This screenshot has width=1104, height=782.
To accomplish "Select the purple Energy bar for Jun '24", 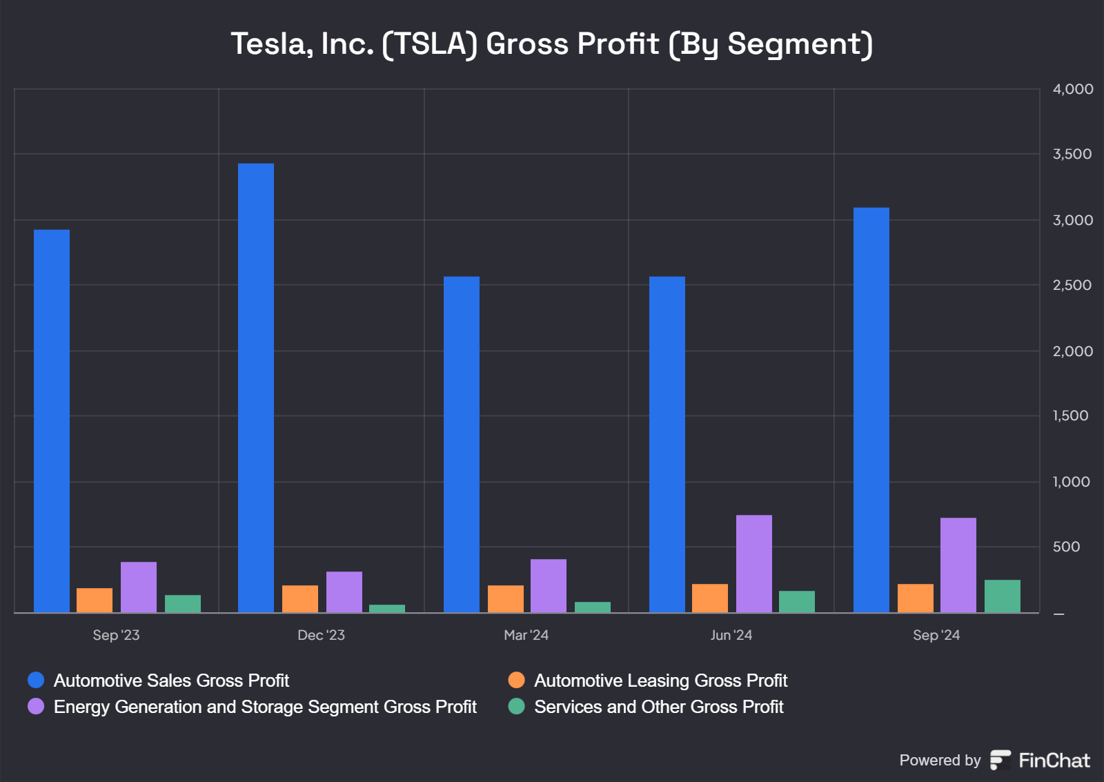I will [754, 563].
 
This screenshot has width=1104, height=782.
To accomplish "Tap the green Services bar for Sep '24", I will [1003, 596].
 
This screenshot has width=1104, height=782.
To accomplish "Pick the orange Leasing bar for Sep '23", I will [95, 600].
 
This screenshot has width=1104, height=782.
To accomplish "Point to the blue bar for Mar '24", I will [462, 444].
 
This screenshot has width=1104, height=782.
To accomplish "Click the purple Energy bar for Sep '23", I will [139, 587].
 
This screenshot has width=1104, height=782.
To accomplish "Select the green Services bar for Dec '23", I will [387, 609].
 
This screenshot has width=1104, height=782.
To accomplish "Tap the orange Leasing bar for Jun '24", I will [710, 598].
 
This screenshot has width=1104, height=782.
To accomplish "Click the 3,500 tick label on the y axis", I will [1072, 154].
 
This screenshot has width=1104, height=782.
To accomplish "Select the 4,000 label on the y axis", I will [1072, 89].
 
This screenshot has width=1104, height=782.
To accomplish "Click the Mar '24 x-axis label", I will [526, 635].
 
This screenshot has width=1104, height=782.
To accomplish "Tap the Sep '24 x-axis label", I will [936, 635].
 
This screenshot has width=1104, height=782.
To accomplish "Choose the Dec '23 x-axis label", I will [321, 635].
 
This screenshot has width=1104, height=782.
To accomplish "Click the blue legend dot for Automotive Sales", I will [36, 681].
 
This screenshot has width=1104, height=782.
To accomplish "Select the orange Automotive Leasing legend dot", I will [516, 681].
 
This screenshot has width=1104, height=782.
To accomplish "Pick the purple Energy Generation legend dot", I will [36, 707].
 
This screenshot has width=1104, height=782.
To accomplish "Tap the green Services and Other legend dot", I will [516, 707].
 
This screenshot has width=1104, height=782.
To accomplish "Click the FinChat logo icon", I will [1000, 760].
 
